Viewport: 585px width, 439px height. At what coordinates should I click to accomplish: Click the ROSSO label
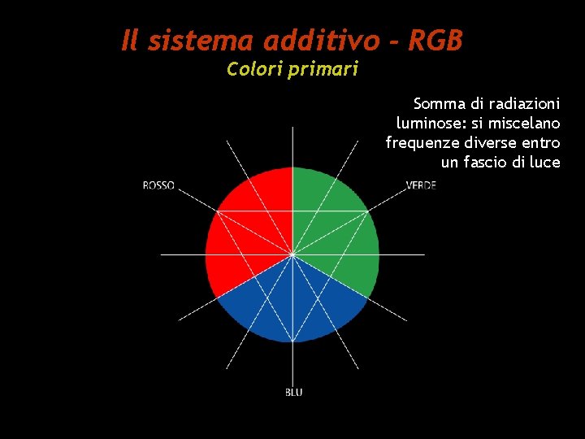tap(158, 185)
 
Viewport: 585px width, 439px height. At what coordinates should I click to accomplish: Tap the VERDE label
tap(421, 185)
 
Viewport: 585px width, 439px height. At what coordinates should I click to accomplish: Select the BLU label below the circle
tap(293, 393)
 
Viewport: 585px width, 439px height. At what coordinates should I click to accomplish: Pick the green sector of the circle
tap(341, 228)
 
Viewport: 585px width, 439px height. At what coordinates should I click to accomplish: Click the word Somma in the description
tap(438, 104)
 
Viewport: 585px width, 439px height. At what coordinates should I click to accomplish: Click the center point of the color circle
tap(292, 254)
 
